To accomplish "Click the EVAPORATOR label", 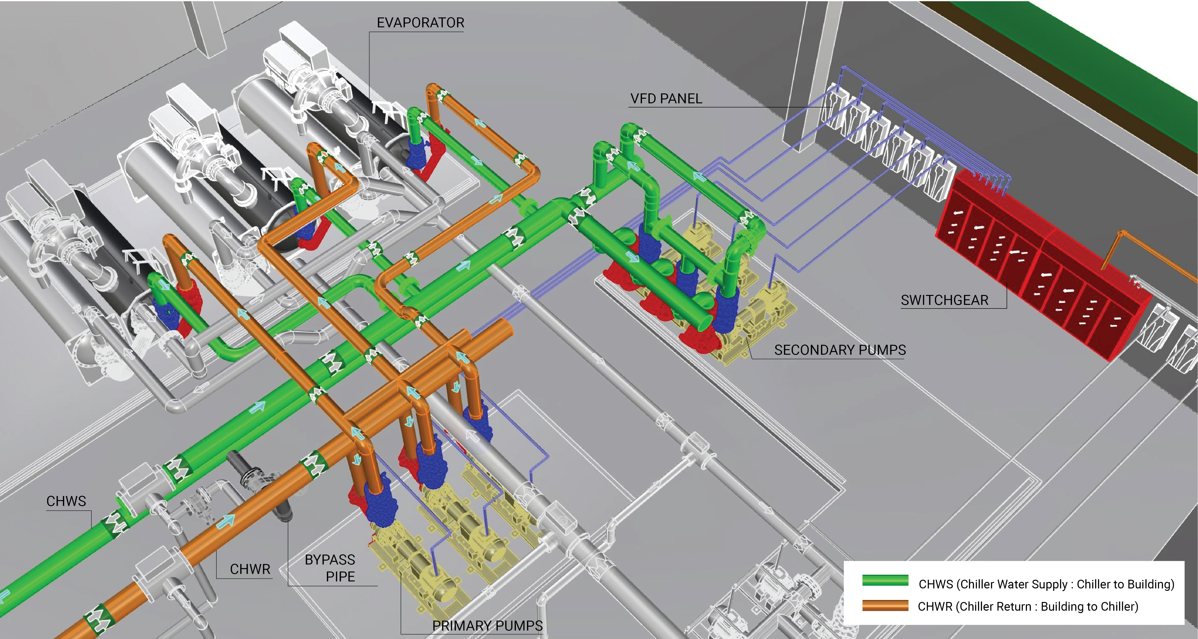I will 420,23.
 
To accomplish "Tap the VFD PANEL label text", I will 666,98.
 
